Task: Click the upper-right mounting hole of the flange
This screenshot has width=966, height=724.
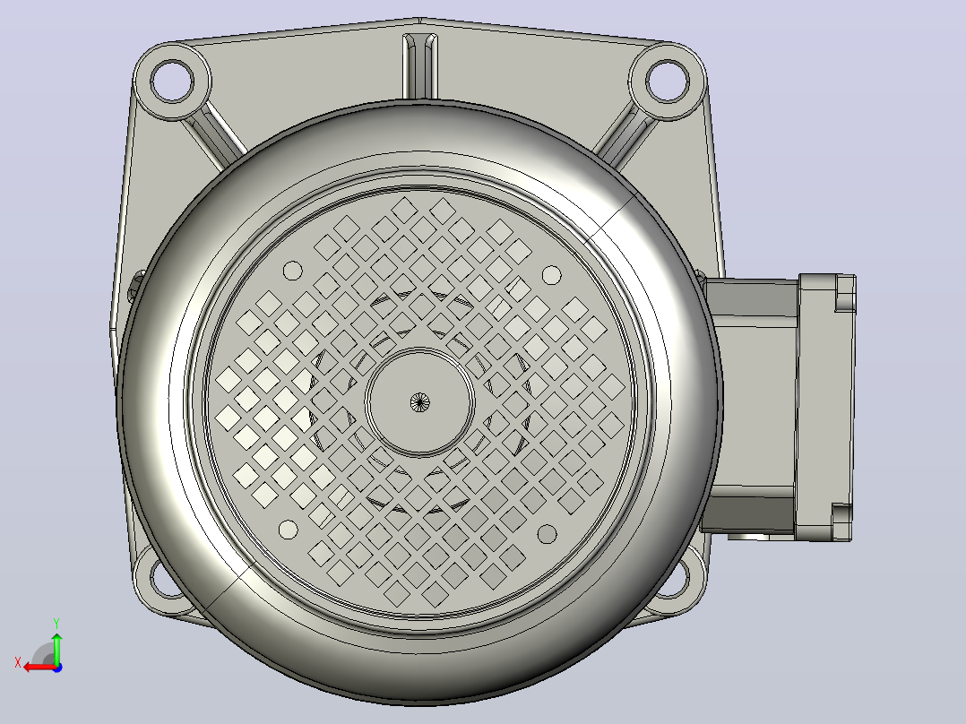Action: tap(668, 81)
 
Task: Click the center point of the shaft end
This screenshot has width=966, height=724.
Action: tap(419, 402)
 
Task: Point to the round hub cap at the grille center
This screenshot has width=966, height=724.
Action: tap(419, 402)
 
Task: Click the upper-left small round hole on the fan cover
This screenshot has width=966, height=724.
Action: tap(293, 271)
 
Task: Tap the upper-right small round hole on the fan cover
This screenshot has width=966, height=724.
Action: tap(551, 275)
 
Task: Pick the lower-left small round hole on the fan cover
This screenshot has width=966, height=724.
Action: tap(289, 530)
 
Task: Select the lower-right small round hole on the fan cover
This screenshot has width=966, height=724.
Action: tap(547, 534)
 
